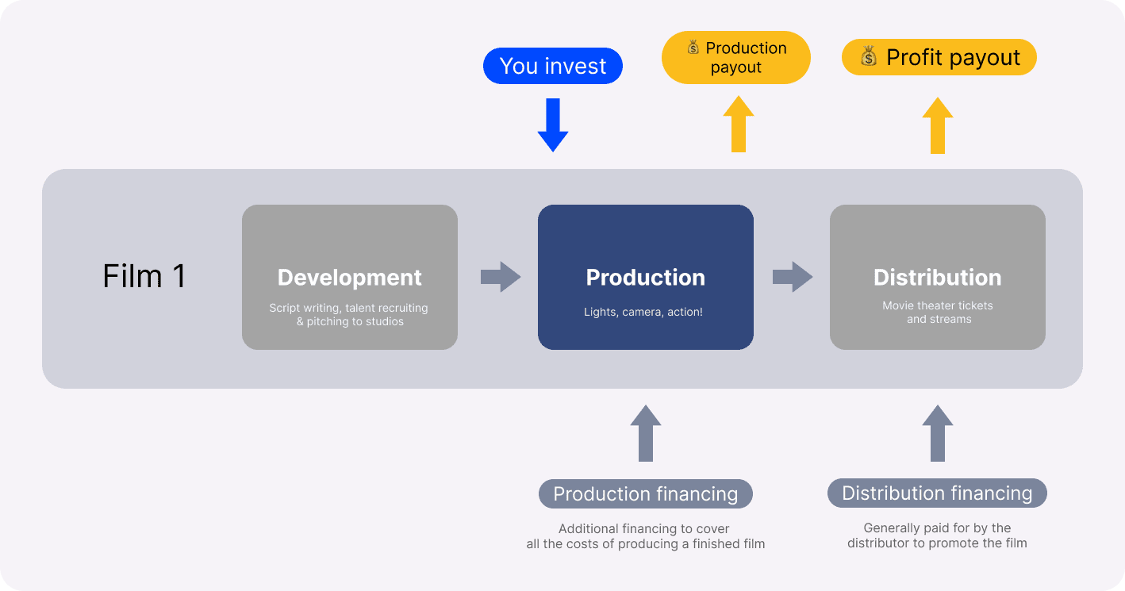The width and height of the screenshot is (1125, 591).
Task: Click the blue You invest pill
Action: coord(552,66)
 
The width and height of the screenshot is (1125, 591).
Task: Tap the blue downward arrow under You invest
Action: coord(553,125)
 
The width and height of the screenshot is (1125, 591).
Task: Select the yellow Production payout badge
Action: coord(735,57)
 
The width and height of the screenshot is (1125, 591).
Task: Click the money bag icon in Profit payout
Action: coord(869,56)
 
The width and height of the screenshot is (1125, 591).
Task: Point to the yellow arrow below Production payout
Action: coord(739,124)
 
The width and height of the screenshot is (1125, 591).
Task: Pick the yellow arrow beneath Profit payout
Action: coord(938,125)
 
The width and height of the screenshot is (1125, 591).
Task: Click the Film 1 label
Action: coord(144,276)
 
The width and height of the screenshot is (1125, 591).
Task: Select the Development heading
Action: coord(350,277)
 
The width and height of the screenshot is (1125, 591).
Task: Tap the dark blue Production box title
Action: coord(645,277)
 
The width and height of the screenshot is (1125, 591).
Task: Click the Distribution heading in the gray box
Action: coord(937,277)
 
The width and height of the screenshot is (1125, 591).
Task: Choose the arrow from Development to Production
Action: coord(501,277)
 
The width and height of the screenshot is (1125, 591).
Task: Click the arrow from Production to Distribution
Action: coord(793,277)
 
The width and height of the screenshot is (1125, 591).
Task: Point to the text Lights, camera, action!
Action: coord(643,312)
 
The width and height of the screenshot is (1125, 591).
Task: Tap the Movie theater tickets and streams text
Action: coord(938,313)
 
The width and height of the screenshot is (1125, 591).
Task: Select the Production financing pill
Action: coord(645,493)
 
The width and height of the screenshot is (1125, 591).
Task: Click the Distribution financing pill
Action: coord(937,493)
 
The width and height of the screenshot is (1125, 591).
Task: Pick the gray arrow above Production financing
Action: coord(646,433)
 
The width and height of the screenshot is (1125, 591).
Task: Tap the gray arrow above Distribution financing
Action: coord(938,433)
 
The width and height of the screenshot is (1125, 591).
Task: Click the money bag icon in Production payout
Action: coord(693,47)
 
